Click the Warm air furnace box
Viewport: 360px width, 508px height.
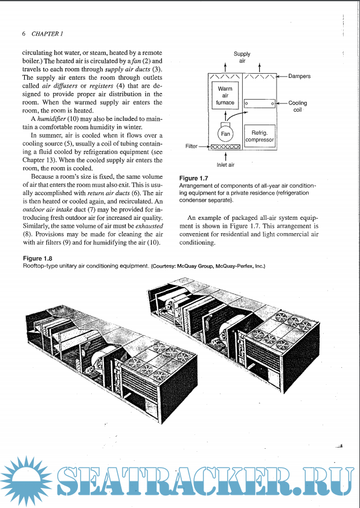225,95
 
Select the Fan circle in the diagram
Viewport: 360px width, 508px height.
225,134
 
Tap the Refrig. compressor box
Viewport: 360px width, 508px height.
260,136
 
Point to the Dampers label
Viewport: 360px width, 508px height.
300,76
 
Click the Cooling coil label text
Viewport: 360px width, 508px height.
297,106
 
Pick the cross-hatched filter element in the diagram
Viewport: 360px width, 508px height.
225,147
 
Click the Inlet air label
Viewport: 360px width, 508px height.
225,164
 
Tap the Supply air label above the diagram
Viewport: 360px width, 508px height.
242,57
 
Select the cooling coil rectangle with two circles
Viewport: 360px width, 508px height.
260,104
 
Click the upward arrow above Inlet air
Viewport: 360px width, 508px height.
225,156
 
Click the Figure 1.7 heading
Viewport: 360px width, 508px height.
194,178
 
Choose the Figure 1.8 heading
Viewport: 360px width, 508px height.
37,259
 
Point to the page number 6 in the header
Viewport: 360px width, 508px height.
24,34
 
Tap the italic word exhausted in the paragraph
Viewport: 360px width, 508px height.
149,226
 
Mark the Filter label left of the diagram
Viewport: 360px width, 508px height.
191,146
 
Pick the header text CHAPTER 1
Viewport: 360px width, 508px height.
47,34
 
